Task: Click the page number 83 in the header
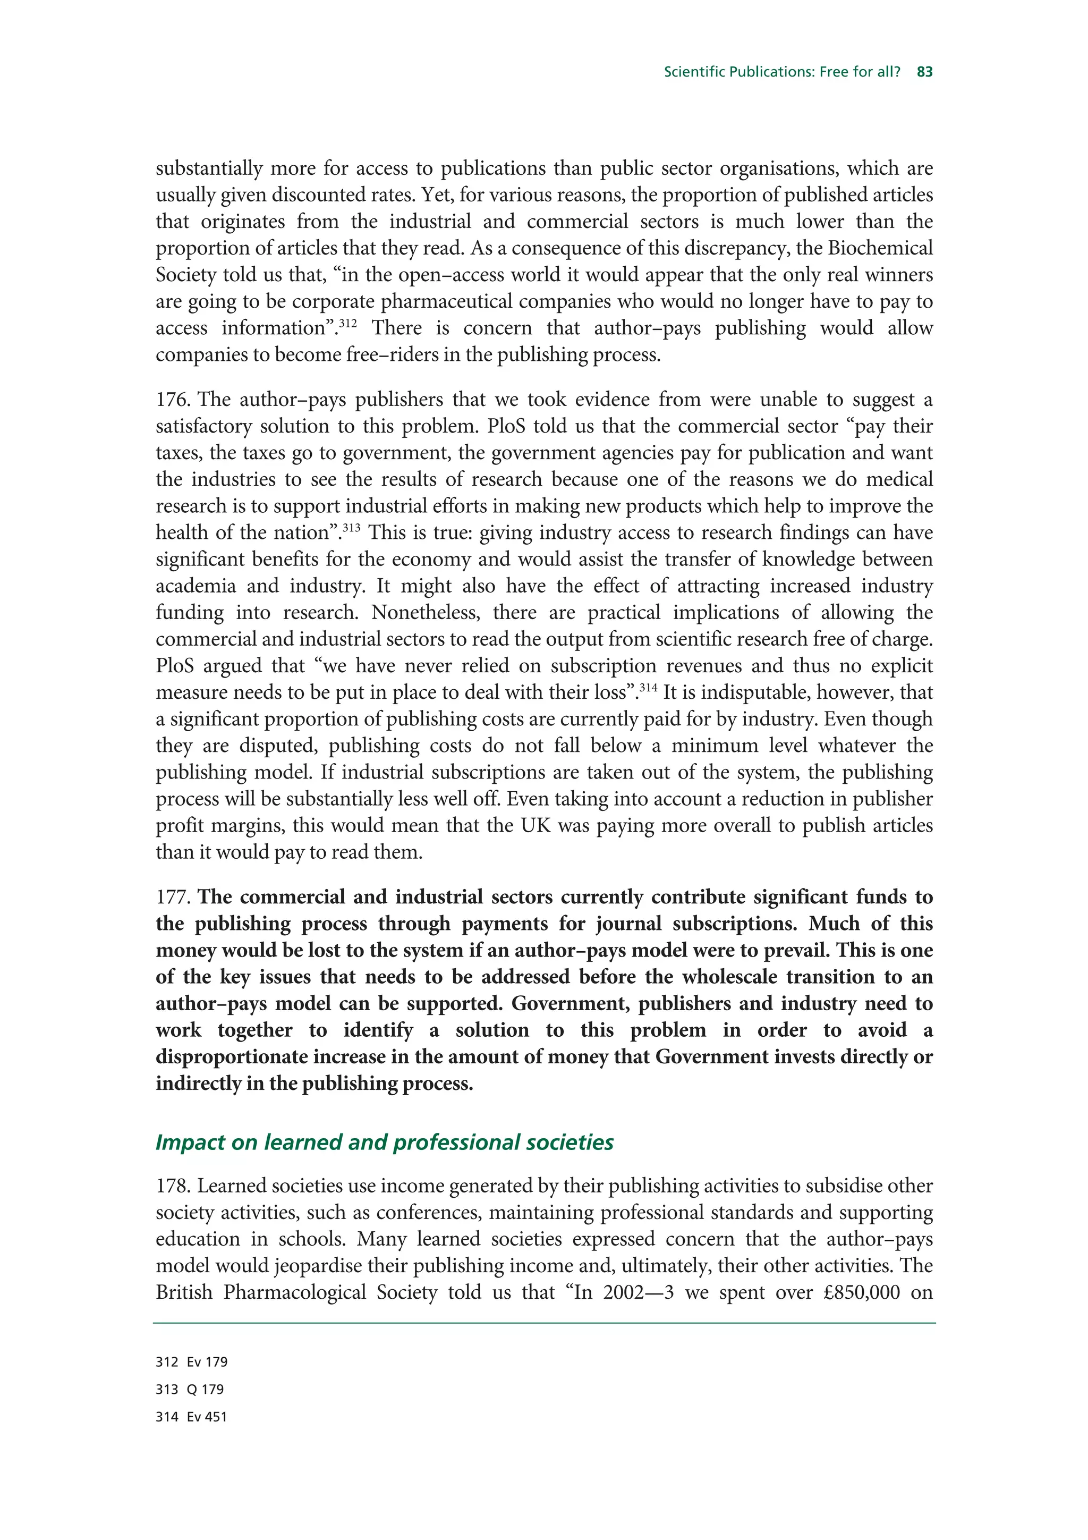click(924, 72)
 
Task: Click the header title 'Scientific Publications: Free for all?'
click(781, 72)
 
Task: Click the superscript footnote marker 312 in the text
click(348, 323)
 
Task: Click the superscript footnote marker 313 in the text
click(351, 528)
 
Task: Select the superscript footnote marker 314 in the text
click(648, 688)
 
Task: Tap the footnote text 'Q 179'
click(205, 1390)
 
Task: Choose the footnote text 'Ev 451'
click(207, 1417)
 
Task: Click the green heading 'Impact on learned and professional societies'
click(384, 1143)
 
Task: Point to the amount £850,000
click(861, 1292)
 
